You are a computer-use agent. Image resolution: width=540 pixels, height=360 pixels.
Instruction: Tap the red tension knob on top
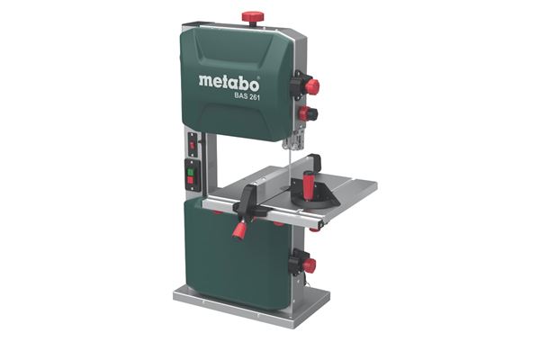pos(253,17)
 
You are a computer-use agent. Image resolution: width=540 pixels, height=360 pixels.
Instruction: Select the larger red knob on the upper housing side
pos(311,86)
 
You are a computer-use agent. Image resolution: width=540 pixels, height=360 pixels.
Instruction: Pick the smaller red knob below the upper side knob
pos(311,113)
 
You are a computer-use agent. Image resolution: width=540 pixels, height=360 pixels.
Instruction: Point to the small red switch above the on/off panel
pos(192,144)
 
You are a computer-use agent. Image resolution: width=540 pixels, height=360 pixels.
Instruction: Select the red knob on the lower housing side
pos(308,265)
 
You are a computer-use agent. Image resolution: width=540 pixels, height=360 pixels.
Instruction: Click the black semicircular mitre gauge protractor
pos(319,195)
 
